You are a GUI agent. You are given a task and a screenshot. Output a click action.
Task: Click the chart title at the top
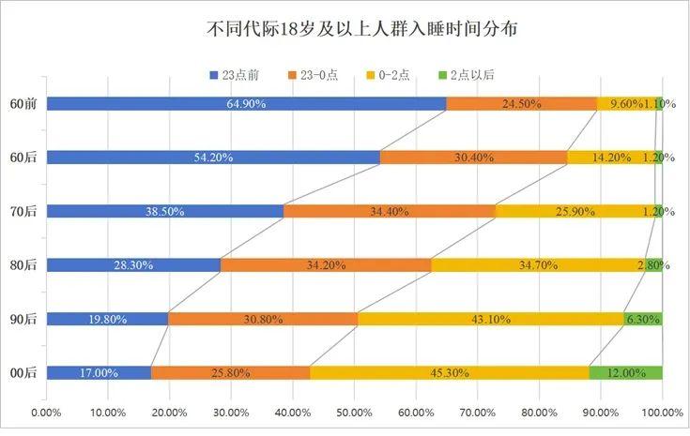point(362,30)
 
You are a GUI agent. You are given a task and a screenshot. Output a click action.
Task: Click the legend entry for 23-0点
point(320,75)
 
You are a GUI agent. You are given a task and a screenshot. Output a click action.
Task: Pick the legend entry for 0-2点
point(396,75)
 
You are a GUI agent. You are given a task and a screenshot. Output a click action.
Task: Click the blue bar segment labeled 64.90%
point(246,103)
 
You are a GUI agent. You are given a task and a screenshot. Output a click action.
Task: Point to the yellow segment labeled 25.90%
point(575,211)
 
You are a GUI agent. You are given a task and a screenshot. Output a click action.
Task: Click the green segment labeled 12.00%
point(626,373)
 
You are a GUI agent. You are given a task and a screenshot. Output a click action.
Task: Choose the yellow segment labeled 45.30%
point(450,373)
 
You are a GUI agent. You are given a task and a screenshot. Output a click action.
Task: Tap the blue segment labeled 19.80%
point(107,319)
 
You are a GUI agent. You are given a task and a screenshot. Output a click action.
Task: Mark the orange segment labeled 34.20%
point(326,265)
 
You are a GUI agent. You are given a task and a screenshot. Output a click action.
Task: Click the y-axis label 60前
point(23,103)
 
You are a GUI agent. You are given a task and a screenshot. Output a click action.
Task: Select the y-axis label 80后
point(23,265)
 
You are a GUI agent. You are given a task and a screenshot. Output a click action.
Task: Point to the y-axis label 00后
point(23,373)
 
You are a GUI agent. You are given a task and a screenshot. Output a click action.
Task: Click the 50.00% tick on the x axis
point(354,412)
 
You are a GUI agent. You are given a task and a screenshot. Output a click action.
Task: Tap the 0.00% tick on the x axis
point(46,412)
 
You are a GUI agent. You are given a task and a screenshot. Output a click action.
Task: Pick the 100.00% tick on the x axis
point(662,412)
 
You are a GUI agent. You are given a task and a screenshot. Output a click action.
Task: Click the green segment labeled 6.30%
point(643,319)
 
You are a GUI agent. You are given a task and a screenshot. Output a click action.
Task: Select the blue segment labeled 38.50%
point(164,211)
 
